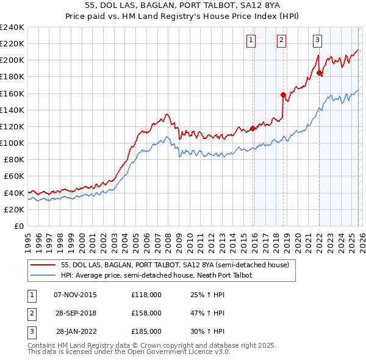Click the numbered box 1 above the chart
tap(251, 40)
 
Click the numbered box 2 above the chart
tap(281, 40)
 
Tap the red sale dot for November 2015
tap(253, 128)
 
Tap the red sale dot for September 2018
tap(283, 95)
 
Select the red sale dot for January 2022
tap(320, 73)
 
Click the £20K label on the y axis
tap(15, 209)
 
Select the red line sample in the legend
tap(43, 265)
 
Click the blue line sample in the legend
tap(43, 275)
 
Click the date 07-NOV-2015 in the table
tap(75, 295)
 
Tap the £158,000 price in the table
tap(146, 313)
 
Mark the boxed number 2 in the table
tap(30, 313)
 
